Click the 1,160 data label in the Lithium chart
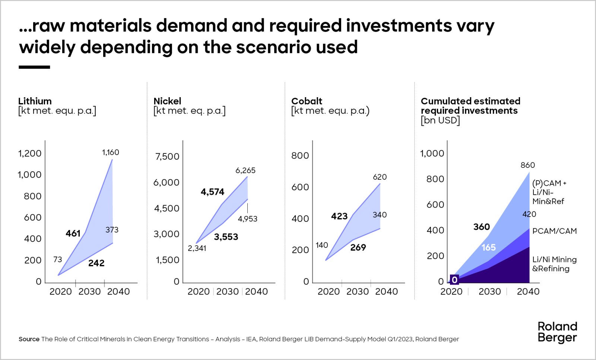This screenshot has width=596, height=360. [111, 152]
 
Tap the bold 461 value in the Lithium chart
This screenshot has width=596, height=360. [73, 233]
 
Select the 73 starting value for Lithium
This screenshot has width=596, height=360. [57, 259]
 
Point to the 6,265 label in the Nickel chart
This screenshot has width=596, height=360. [245, 171]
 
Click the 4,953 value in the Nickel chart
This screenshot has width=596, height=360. [247, 219]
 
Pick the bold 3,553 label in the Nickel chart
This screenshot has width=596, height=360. [226, 237]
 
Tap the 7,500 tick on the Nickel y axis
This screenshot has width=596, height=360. [167, 156]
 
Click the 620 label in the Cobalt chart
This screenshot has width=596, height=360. [380, 177]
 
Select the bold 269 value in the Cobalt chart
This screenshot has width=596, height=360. [358, 247]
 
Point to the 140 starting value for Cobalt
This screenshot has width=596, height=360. [322, 245]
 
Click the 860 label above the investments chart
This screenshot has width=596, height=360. [527, 165]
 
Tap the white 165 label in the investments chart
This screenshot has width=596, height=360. [488, 247]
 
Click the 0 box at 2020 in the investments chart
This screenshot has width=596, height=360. [454, 280]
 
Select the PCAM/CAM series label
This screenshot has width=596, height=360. [554, 231]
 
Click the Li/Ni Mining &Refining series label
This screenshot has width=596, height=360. [554, 264]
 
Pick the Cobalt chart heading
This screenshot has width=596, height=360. [307, 101]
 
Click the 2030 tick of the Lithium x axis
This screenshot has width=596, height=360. [89, 291]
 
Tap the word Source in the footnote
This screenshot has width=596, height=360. [29, 339]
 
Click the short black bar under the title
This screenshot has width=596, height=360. [34, 67]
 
